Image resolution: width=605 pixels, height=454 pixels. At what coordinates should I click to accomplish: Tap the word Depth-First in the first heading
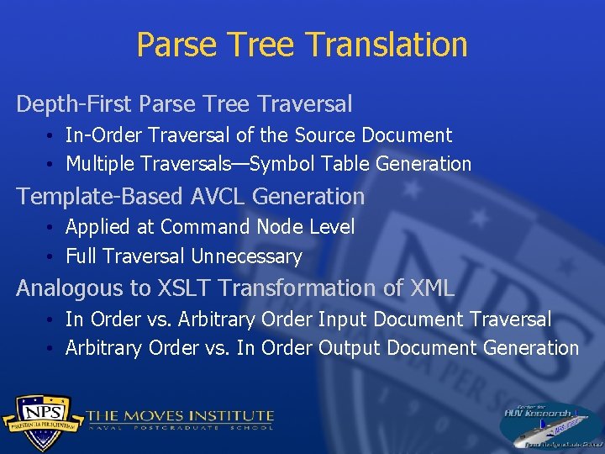click(75, 104)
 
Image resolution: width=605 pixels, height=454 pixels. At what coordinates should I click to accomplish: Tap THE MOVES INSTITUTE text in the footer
click(180, 416)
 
